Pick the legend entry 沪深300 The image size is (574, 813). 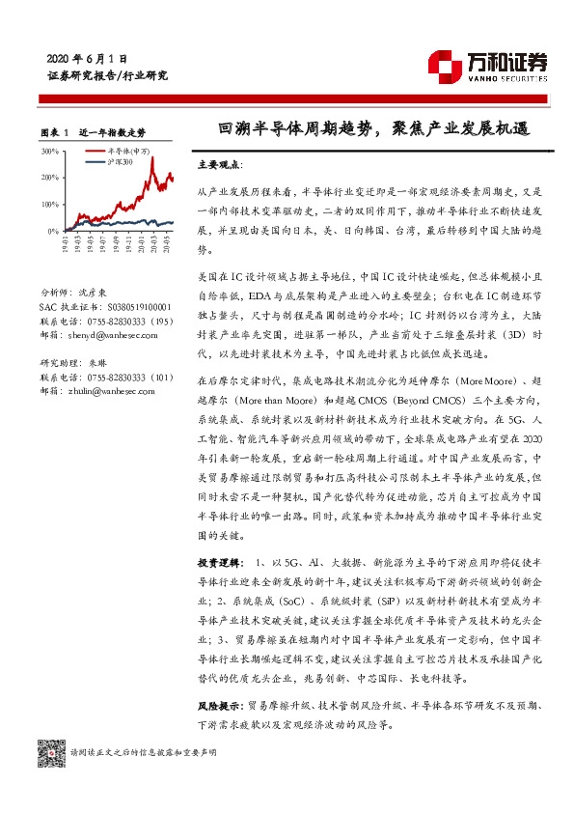118,161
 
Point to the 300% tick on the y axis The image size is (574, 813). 49,152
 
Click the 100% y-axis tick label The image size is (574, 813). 49,205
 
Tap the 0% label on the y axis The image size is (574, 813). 52,232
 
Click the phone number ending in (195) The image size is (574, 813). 106,320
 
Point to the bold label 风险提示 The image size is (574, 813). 218,680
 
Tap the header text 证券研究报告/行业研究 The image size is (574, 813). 107,75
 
